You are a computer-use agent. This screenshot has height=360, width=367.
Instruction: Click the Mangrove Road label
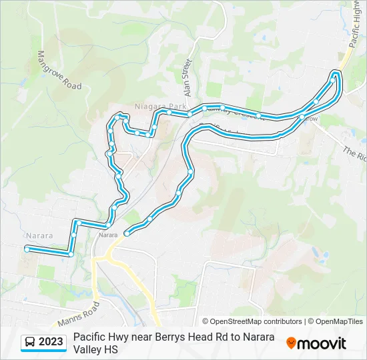[x=59, y=70]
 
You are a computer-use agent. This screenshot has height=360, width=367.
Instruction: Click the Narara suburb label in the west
[x=39, y=235]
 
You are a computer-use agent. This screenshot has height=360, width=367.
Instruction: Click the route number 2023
[x=51, y=342]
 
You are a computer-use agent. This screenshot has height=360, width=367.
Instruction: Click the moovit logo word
[x=322, y=343]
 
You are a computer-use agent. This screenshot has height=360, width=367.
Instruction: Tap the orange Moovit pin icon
[x=291, y=343]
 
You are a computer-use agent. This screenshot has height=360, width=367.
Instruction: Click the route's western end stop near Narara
[x=27, y=249]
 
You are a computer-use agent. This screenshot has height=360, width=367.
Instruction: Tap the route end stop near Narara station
[x=127, y=233]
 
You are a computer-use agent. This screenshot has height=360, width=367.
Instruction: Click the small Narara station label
[x=107, y=235]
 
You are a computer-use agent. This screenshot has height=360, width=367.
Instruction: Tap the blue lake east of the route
[x=314, y=253]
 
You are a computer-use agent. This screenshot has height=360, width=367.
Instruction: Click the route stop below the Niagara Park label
[x=155, y=125]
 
